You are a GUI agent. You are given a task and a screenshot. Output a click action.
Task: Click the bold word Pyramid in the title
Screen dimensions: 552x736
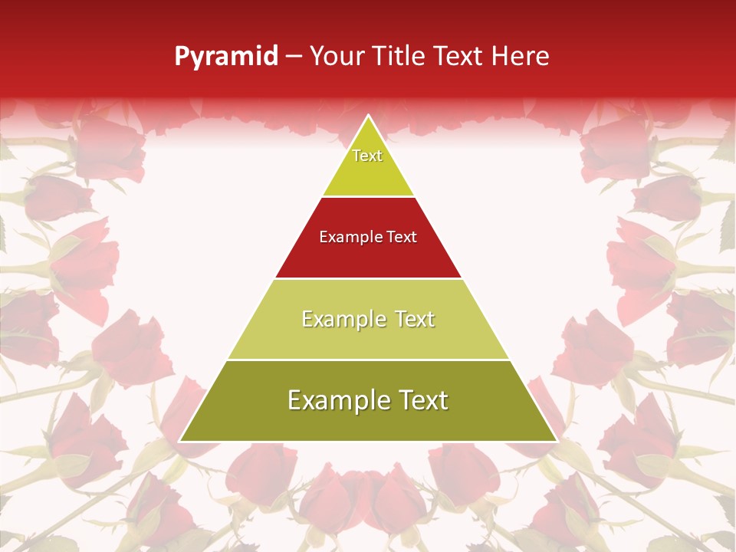pyautogui.click(x=226, y=57)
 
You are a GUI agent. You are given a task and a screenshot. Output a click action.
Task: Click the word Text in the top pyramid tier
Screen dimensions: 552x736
pyautogui.click(x=367, y=156)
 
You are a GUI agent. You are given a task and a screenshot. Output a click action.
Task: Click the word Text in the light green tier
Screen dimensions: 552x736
pyautogui.click(x=415, y=319)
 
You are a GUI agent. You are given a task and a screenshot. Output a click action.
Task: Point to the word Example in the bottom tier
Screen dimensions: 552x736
pyautogui.click(x=337, y=400)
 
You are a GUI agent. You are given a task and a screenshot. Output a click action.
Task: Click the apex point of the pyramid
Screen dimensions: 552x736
pyautogui.click(x=369, y=116)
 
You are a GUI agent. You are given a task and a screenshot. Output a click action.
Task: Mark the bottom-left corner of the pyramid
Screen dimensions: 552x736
pyautogui.click(x=180, y=441)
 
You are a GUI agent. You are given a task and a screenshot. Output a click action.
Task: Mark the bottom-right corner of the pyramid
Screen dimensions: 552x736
pyautogui.click(x=557, y=441)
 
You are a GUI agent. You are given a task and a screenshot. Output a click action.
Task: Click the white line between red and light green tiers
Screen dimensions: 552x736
pyautogui.click(x=368, y=278)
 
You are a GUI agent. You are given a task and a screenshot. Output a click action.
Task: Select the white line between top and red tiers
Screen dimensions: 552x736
pyautogui.click(x=368, y=196)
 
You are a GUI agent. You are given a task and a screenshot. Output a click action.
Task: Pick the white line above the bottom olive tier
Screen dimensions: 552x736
pyautogui.click(x=368, y=360)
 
